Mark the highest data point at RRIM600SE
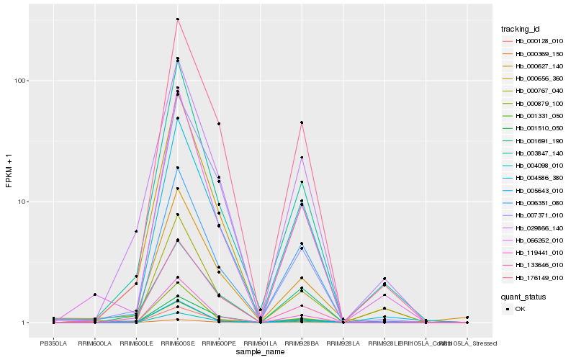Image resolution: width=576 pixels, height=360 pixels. tap(177, 19)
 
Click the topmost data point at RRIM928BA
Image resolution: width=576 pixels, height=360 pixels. tap(302, 122)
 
